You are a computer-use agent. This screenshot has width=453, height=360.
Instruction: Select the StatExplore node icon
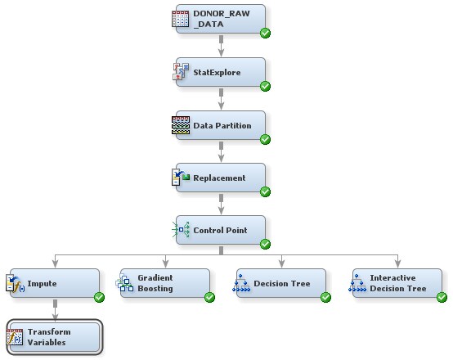181,72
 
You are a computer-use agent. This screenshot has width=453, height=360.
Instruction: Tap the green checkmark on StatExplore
265,86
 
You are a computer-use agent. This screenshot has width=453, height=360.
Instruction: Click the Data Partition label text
222,125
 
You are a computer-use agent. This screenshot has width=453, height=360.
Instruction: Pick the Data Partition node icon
181,125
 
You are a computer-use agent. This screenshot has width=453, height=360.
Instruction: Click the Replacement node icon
181,178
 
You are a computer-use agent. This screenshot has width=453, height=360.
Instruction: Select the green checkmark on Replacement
265,191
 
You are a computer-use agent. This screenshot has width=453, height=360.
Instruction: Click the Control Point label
221,230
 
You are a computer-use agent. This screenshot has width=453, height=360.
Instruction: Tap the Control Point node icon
181,230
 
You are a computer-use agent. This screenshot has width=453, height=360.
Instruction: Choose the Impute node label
42,283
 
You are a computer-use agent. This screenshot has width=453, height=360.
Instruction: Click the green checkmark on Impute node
99,297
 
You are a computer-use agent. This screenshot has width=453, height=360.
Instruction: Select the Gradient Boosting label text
155,283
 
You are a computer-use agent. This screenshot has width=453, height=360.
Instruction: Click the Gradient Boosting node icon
124,283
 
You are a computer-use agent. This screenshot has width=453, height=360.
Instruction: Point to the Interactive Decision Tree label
397,283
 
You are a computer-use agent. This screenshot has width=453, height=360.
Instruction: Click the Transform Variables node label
49,336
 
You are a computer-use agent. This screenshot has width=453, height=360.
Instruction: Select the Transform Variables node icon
15,336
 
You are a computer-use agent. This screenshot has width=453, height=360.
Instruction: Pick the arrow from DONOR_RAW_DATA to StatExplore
221,47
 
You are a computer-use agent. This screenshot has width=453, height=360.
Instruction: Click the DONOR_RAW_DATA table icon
181,20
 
